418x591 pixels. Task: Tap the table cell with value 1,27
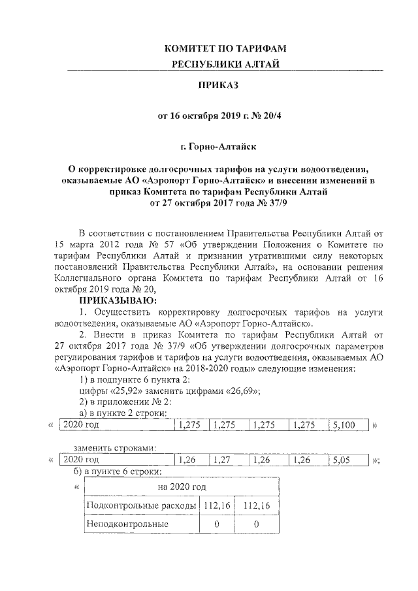pyautogui.click(x=223, y=460)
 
